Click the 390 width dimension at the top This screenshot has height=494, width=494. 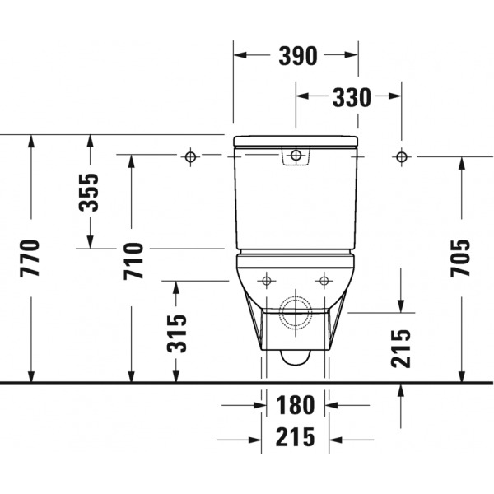pos(298,56)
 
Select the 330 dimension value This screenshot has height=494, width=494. pos(352,97)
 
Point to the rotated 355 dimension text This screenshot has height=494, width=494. pos(89,192)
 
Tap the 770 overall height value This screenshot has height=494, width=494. pos(30,259)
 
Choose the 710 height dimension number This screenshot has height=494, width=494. pos(133,261)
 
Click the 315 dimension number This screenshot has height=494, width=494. pos(177,333)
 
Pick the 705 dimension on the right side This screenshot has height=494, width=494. pos(460,259)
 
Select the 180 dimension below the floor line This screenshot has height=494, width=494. pos(296,405)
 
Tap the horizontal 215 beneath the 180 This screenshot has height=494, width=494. pos(296,436)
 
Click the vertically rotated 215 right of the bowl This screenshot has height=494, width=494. pos(401,348)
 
